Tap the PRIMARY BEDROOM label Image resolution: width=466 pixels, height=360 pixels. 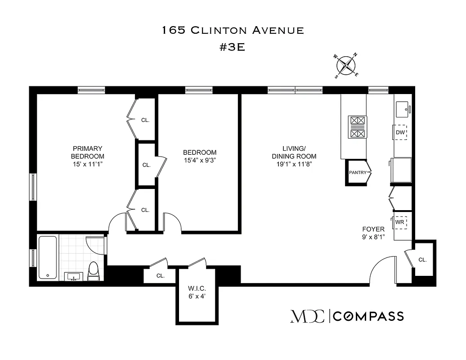point(87,152)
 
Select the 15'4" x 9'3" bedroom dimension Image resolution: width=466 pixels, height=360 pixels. point(199,160)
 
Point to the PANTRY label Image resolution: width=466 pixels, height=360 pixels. point(358,172)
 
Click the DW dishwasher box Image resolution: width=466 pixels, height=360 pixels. point(400,132)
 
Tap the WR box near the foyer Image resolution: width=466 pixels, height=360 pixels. point(400,222)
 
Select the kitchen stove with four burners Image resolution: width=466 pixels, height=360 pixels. point(358,127)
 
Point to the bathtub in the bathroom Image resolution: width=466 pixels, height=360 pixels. point(48,257)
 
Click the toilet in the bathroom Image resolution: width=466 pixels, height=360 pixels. point(93,271)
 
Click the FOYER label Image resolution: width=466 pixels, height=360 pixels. point(373,229)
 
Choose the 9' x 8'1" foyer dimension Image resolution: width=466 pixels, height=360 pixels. point(373,237)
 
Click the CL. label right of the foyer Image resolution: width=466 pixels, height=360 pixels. point(422,260)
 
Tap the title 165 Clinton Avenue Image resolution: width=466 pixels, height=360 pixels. point(233,31)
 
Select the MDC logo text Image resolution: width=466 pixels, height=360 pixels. point(307,316)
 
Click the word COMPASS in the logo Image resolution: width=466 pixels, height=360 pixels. point(368,316)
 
